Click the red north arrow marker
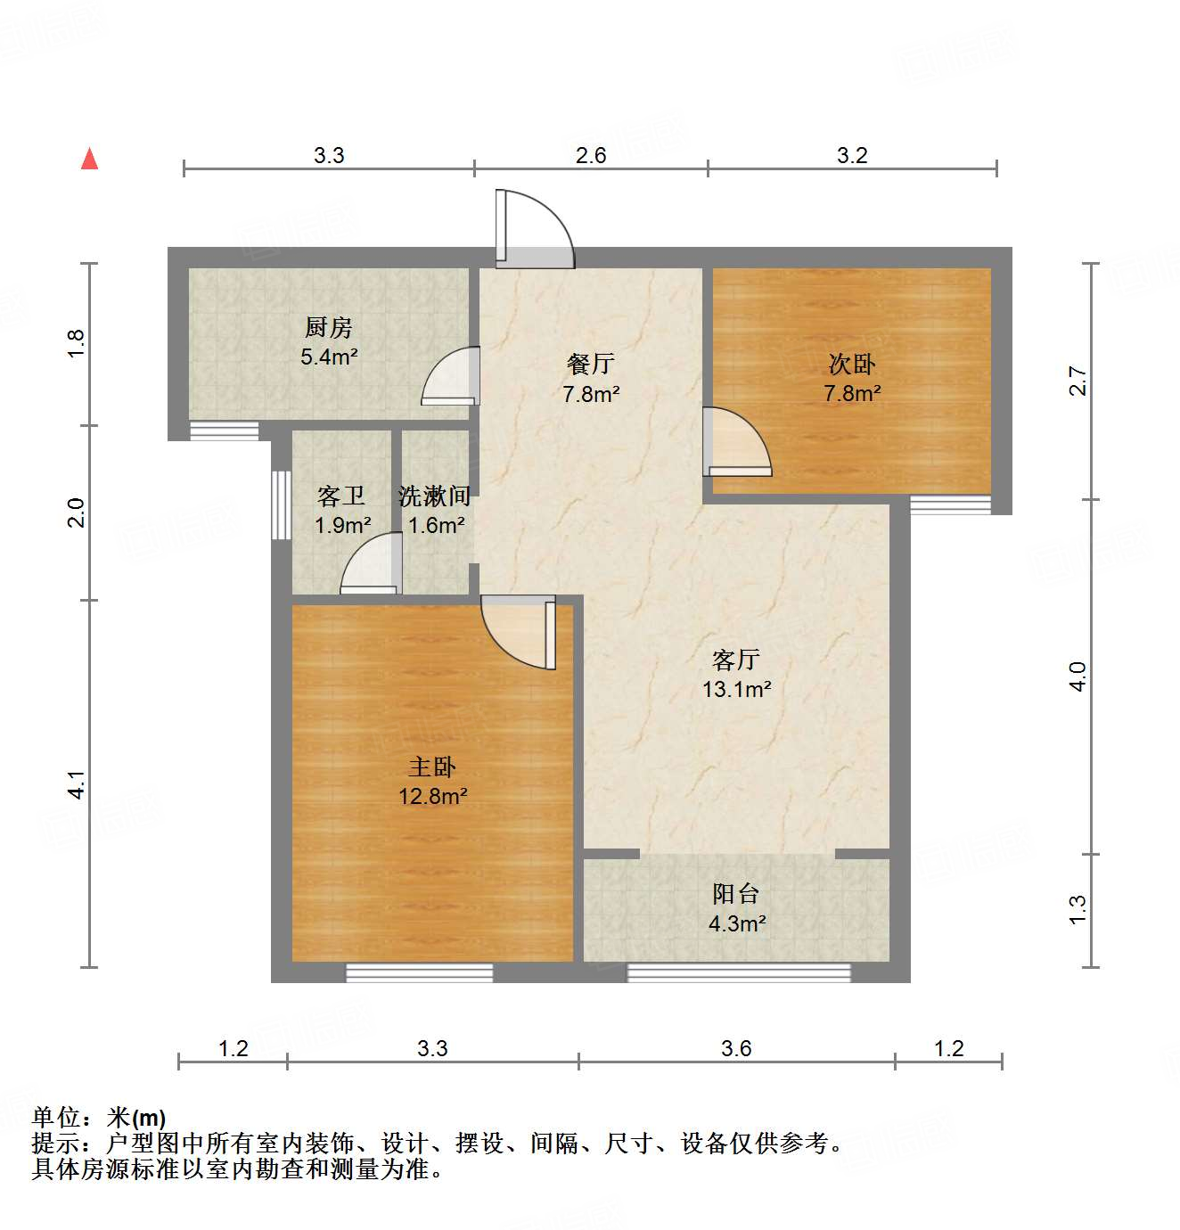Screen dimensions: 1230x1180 click(x=89, y=159)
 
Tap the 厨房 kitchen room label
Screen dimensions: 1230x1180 click(x=329, y=328)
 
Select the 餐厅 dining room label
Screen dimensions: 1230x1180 click(x=590, y=364)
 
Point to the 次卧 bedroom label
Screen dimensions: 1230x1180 click(x=852, y=364)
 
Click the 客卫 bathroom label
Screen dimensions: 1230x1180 click(x=341, y=496)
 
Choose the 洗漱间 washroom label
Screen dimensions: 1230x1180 click(x=435, y=496)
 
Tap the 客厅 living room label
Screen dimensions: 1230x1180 click(x=736, y=660)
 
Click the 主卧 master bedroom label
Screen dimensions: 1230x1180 click(x=433, y=767)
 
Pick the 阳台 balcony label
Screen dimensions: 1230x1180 click(x=736, y=894)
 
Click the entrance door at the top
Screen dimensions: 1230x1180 click(x=533, y=231)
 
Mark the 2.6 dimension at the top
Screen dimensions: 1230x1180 click(x=590, y=156)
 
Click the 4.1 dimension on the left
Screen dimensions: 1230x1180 click(x=77, y=783)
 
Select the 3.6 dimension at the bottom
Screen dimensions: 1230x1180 click(x=736, y=1048)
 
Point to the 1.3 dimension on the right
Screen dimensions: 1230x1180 click(x=1078, y=909)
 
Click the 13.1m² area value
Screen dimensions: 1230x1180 click(x=736, y=689)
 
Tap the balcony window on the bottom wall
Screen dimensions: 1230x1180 click(x=739, y=972)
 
